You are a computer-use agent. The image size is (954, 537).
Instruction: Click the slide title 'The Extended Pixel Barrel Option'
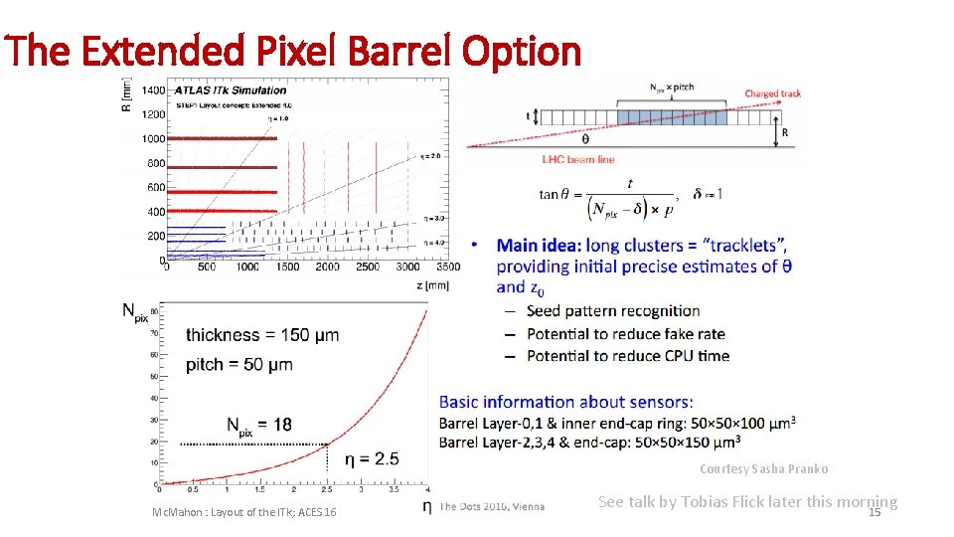pos(292,50)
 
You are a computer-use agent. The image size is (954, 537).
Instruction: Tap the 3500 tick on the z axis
pos(447,267)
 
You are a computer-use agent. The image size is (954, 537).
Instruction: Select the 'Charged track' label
pos(773,93)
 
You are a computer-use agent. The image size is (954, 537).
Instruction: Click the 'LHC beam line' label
pos(578,159)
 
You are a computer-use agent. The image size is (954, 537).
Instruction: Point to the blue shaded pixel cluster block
pos(671,116)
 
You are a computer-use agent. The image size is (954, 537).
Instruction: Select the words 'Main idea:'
pos(539,245)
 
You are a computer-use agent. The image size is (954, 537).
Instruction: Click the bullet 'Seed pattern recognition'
pos(613,311)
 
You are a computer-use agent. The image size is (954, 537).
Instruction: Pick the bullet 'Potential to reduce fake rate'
pos(625,333)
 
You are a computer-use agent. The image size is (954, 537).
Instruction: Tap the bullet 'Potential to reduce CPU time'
pos(627,355)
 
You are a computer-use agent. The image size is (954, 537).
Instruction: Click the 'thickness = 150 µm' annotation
pos(262,334)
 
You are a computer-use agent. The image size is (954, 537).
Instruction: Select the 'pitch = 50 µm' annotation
pos(238,364)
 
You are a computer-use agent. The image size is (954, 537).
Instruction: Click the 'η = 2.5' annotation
pos(372,458)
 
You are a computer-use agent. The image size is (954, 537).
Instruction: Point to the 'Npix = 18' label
pos(258,426)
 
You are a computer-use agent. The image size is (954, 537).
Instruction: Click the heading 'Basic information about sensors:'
pos(565,402)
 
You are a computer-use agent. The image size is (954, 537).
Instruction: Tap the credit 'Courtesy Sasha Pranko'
pos(763,468)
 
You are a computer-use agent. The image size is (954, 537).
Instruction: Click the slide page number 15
pos(874,513)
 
